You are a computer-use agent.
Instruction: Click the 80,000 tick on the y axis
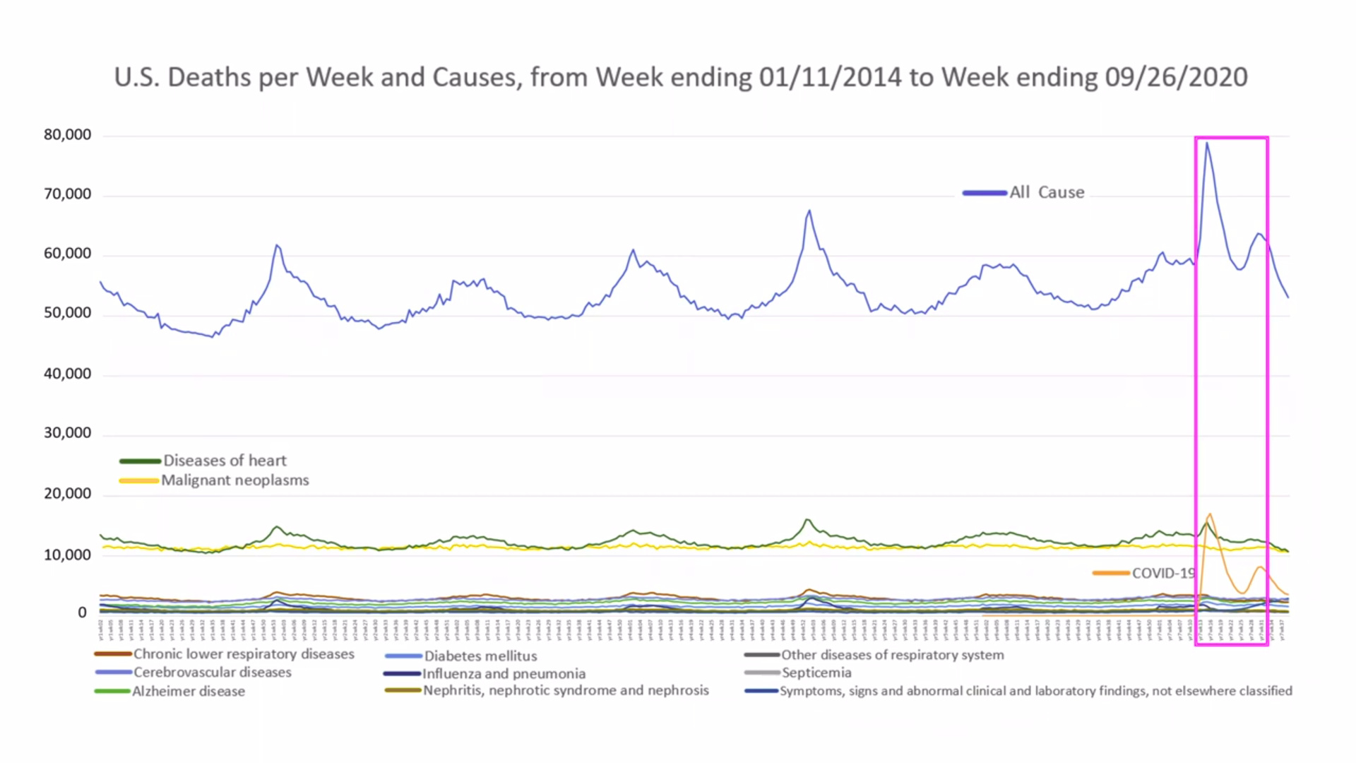(x=67, y=135)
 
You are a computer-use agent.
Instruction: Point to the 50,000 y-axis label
(x=67, y=313)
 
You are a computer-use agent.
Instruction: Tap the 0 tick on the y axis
(x=82, y=613)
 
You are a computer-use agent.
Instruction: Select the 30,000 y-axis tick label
(x=67, y=433)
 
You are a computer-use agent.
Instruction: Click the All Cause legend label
(x=1046, y=192)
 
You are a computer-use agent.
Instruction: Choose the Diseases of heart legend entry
(x=225, y=461)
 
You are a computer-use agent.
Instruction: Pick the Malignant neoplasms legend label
(x=234, y=480)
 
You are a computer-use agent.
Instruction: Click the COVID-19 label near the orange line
(x=1162, y=573)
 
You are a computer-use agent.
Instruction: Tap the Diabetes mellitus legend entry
(x=480, y=656)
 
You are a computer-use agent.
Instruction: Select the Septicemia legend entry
(x=816, y=673)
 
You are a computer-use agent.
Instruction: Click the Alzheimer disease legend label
(x=189, y=691)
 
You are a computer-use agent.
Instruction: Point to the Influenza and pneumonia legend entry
(x=504, y=674)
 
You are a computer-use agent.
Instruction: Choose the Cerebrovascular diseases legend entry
(x=212, y=673)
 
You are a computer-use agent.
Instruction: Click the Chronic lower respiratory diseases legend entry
(x=244, y=654)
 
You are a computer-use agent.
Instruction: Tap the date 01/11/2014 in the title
(x=830, y=77)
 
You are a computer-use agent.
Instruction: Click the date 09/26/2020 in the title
(x=1176, y=77)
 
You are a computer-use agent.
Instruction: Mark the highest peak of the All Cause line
(x=1207, y=143)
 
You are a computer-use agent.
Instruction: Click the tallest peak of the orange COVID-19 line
(x=1210, y=514)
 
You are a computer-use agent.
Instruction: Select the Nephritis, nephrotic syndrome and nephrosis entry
(x=566, y=690)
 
